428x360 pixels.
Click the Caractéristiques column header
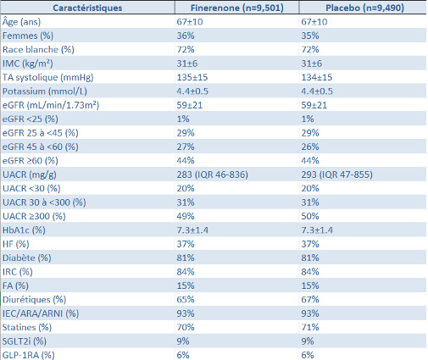pos(87,8)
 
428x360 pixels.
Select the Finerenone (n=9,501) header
pos(237,8)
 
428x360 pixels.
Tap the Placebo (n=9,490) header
pos(364,8)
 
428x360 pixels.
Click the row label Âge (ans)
pos(21,22)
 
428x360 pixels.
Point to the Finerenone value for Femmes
pos(186,36)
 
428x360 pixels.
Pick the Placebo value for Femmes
pos(310,36)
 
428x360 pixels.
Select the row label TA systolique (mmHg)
pos(48,77)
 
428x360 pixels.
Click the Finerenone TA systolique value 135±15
pos(192,77)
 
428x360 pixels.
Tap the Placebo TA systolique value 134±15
pos(317,77)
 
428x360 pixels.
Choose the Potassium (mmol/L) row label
pos(45,91)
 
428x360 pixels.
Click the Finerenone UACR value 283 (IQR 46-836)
pos(213,174)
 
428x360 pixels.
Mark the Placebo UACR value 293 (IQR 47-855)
pos(336,174)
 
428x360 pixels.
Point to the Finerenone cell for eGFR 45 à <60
pos(186,147)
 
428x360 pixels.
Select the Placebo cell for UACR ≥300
pos(310,216)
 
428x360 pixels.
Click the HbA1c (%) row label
pos(24,230)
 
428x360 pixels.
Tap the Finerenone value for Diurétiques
pos(186,300)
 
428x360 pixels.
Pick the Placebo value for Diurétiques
pos(310,300)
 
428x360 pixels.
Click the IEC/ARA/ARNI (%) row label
pos(41,313)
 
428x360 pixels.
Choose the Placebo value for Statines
pos(310,327)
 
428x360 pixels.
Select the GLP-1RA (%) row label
pos(29,355)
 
